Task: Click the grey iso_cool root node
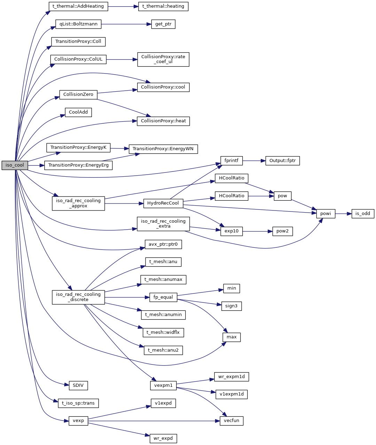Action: point(15,165)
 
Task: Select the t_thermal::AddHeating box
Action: point(78,6)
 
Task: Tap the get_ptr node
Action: point(163,24)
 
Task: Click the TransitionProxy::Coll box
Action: point(78,41)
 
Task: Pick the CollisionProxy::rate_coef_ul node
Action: point(163,59)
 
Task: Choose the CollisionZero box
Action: point(78,94)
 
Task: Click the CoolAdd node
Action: point(78,112)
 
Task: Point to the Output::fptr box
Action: point(282,161)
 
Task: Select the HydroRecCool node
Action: point(163,203)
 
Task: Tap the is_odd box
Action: point(362,214)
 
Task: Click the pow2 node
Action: point(282,231)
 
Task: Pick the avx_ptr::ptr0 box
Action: point(163,244)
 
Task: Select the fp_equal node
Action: point(163,297)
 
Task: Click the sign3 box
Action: point(231,306)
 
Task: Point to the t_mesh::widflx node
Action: point(163,332)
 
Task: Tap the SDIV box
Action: point(78,385)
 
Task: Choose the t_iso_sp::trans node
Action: point(78,403)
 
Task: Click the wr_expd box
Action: point(163,438)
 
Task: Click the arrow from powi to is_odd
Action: point(343,214)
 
